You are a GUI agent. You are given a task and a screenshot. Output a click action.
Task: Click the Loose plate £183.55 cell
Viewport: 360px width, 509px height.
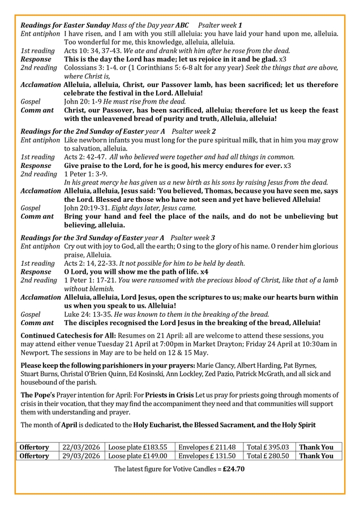click(138, 447)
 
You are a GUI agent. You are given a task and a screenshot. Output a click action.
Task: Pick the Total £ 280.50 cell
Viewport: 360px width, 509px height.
click(268, 456)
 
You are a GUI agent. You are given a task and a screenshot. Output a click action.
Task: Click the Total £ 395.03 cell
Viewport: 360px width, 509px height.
click(268, 447)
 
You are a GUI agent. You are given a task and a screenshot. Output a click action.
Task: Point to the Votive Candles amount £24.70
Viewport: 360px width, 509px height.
click(234, 469)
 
